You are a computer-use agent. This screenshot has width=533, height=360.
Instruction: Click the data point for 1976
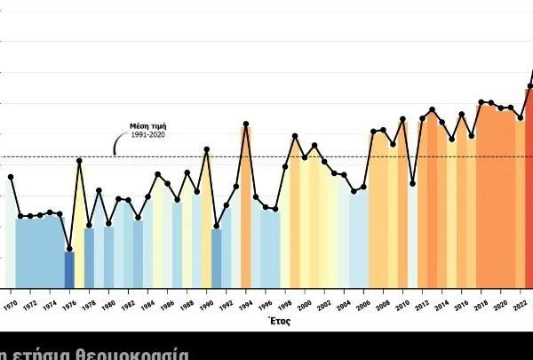click(x=69, y=250)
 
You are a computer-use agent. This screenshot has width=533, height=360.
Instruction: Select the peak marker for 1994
click(x=246, y=124)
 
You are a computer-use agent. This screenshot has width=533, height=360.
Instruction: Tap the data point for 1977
click(x=79, y=161)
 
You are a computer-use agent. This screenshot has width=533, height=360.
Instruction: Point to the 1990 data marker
click(x=207, y=149)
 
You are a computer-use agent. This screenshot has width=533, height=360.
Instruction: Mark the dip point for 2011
click(x=413, y=183)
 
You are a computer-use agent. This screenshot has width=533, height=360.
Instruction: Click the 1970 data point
click(x=11, y=177)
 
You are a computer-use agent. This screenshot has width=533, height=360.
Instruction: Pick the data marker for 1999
click(x=295, y=136)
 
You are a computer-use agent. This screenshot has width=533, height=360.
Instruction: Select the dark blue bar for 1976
click(x=69, y=269)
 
